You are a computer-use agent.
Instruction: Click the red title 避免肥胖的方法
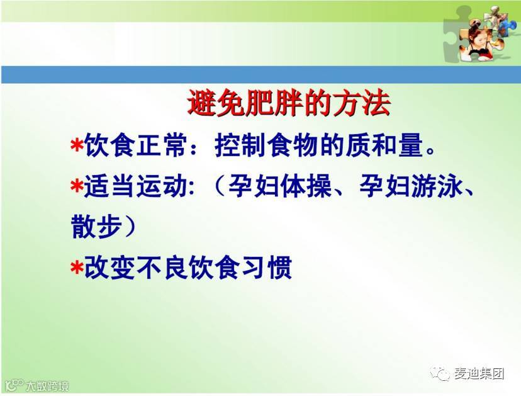pos(289,103)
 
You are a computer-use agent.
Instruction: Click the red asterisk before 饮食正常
pos(77,146)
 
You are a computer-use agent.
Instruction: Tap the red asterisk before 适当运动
pos(77,186)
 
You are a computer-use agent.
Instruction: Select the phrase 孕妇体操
pos(280,186)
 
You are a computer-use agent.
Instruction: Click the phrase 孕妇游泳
pos(411,186)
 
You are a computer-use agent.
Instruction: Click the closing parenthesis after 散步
pos(130,227)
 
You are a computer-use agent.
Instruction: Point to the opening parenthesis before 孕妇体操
pos(220,186)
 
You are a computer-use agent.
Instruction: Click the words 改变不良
pos(136,267)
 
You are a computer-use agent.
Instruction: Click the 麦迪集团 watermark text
pos(479,374)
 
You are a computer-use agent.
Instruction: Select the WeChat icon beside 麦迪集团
pos(440,374)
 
